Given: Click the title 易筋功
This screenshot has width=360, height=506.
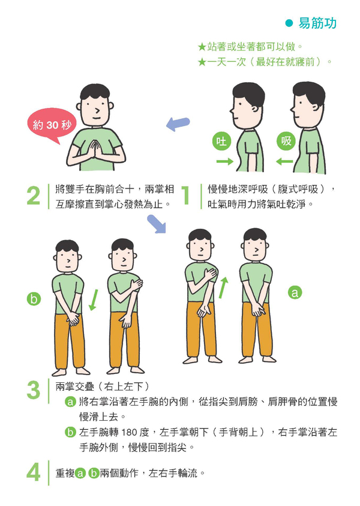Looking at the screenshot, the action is tap(317, 23).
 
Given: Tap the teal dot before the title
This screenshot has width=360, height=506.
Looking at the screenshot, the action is tap(289, 23).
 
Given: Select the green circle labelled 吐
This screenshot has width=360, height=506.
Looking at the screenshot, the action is tap(221, 141).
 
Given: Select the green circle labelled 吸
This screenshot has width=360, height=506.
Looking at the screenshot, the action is tap(286, 141).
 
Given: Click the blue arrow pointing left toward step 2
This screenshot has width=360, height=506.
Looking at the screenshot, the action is tap(178, 124).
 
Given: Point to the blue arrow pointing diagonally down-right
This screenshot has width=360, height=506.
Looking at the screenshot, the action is tap(157, 224).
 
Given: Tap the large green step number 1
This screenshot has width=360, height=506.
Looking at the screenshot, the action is tap(185, 195).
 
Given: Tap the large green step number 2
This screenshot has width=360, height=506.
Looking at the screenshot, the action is tap(34, 196).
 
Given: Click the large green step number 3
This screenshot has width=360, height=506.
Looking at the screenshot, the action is tap(34, 390).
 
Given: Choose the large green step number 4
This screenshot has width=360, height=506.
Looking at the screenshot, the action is tap(34, 472).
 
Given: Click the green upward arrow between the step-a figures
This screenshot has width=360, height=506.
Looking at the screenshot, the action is tap(223, 288).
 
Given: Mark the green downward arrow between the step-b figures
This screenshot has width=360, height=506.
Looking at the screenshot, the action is tap(93, 300).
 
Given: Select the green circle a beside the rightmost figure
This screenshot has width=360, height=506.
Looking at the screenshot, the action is tap(295, 292).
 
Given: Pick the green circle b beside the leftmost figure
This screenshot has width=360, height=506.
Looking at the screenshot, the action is tap(34, 299).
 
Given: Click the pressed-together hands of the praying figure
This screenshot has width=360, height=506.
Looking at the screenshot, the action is tap(95, 149).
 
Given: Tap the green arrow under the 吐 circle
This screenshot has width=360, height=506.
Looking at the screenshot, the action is tap(225, 161).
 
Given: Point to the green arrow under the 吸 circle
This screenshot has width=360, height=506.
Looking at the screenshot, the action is tap(284, 161).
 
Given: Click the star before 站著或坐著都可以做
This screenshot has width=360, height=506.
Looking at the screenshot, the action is tap(202, 47).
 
